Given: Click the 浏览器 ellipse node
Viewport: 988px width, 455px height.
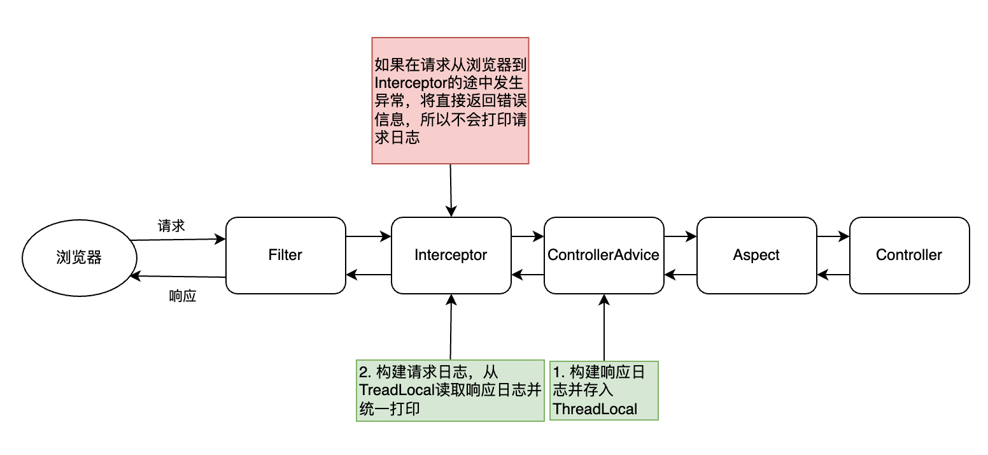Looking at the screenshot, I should (80, 258).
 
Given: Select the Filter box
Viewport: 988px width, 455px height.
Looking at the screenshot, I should (285, 256).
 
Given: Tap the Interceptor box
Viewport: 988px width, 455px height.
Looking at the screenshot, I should (451, 256).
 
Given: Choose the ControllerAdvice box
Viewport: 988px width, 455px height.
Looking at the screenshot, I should (603, 256).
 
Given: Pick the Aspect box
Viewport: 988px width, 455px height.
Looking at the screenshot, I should (756, 256).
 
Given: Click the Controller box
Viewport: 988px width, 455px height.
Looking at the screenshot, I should (909, 256).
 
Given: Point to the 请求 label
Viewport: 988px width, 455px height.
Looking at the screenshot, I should (171, 226).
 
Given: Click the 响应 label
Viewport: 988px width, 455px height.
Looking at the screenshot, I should (183, 296).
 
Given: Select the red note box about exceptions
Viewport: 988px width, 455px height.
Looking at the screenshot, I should (450, 100).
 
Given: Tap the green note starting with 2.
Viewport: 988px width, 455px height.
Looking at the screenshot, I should (450, 390).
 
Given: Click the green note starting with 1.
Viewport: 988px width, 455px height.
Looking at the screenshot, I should (603, 390).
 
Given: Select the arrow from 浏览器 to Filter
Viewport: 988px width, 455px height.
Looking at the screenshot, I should (178, 240).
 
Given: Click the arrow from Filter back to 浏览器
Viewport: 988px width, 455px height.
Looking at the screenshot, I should (178, 276).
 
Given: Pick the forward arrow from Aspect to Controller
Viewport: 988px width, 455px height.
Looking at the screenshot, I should (833, 236).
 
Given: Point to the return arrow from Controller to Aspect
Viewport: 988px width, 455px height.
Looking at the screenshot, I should (833, 275).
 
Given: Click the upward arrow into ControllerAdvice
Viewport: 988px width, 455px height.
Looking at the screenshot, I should (603, 328).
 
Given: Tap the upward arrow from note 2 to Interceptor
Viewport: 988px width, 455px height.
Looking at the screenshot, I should (451, 328).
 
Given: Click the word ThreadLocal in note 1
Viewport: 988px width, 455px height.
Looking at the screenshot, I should (595, 409).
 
